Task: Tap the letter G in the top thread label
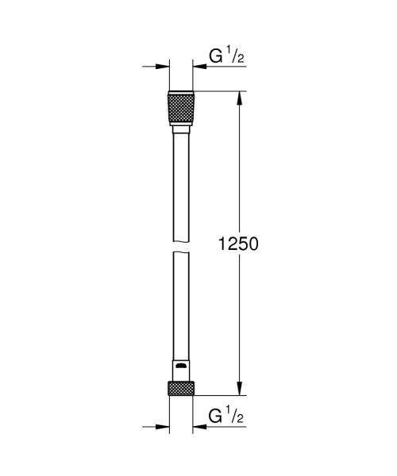pyautogui.click(x=215, y=56)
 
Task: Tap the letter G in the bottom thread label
pyautogui.click(x=215, y=415)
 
